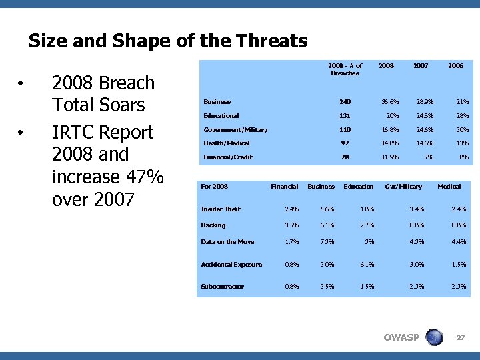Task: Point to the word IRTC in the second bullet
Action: [71, 132]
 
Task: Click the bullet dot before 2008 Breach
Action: [22, 84]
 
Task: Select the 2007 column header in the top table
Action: [421, 66]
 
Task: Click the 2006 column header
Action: [456, 66]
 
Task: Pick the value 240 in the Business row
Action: [344, 102]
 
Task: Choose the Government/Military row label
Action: [235, 129]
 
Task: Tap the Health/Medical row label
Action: [227, 143]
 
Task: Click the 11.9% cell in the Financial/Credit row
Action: [389, 157]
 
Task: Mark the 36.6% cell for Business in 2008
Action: [389, 102]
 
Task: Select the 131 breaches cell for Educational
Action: [344, 116]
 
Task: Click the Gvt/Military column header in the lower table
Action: [403, 186]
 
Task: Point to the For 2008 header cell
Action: [214, 186]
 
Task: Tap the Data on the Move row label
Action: [227, 241]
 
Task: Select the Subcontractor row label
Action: [222, 286]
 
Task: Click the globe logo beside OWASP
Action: [434, 337]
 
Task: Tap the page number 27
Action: [460, 338]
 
